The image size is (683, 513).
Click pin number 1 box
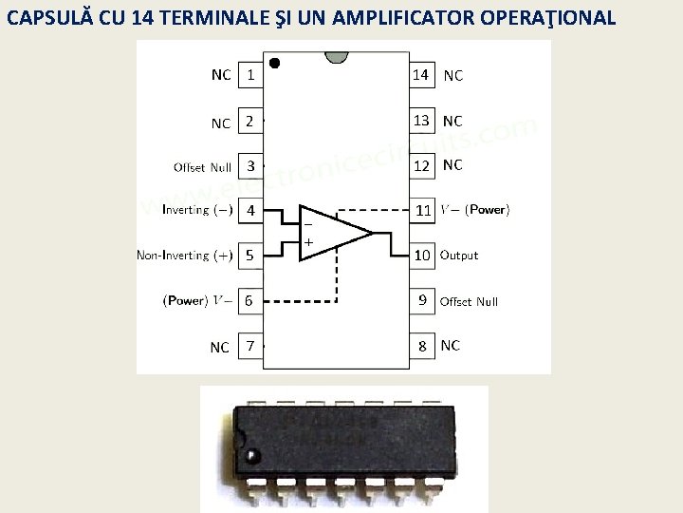(249, 75)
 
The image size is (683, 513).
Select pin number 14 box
(421, 74)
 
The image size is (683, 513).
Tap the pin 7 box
(249, 346)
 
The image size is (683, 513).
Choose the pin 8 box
(422, 346)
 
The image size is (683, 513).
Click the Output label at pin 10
(459, 256)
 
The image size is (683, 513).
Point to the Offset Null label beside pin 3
(202, 167)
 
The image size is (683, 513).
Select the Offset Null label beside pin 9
(469, 301)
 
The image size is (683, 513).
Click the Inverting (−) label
(197, 209)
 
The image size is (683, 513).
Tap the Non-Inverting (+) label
(185, 256)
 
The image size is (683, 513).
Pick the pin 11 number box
(422, 210)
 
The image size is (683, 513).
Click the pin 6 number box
(249, 300)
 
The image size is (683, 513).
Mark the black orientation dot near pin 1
(275, 63)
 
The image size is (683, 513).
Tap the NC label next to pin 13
(452, 121)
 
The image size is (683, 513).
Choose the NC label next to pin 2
(220, 123)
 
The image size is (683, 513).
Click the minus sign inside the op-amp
(307, 223)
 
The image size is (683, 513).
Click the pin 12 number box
(422, 165)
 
